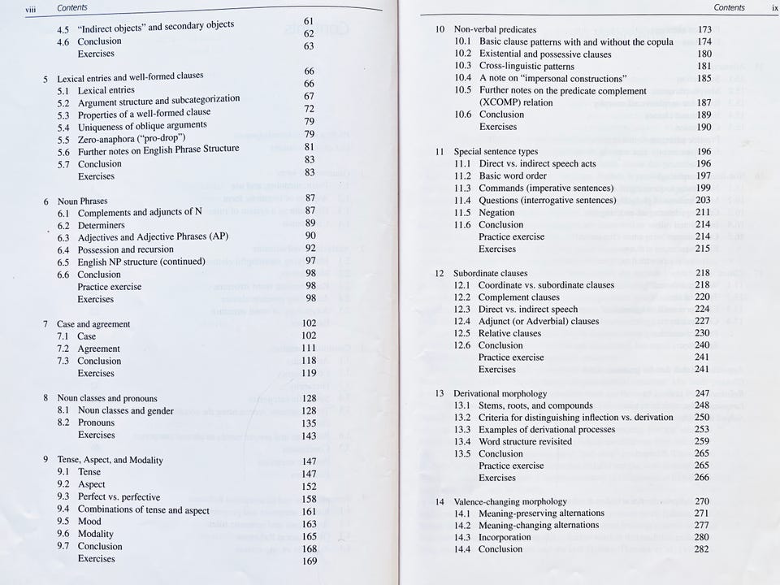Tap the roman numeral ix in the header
tap(774, 7)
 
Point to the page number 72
tap(309, 109)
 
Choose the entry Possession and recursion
tap(125, 249)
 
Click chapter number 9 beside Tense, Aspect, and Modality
tap(45, 460)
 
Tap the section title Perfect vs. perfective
tap(119, 497)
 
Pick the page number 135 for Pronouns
tap(309, 423)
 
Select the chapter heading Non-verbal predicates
tap(495, 29)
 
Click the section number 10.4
tap(463, 78)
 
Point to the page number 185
tap(704, 79)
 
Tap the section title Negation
tap(496, 212)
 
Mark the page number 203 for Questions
tap(703, 200)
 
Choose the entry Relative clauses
tap(509, 333)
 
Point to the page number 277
tap(702, 525)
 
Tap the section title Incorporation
tap(505, 537)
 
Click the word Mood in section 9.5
tap(89, 522)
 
